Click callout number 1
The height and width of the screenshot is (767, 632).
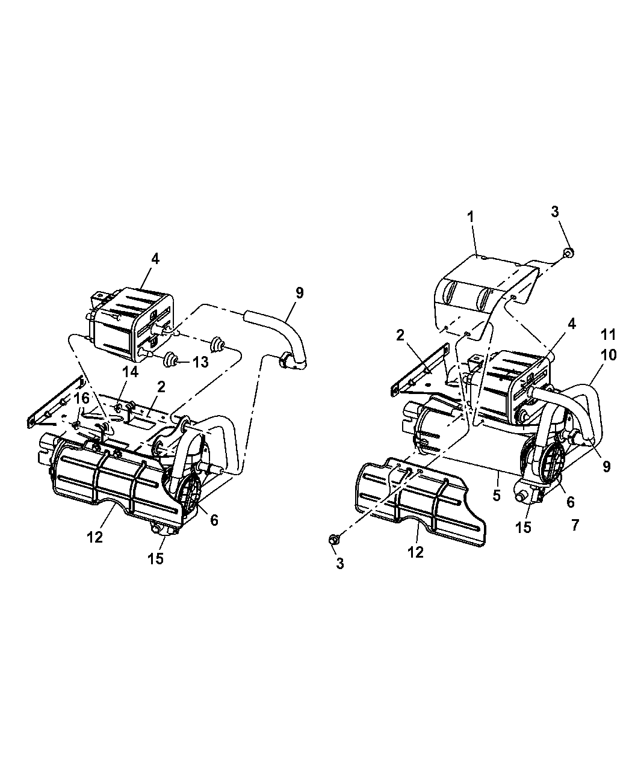470,217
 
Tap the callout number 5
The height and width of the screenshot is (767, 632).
497,496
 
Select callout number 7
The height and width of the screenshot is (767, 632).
575,525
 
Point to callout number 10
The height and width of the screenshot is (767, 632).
608,355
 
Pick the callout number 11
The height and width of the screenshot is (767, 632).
608,335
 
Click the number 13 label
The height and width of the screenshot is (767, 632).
200,362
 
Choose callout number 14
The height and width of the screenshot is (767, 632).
130,372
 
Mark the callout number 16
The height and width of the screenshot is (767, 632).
82,399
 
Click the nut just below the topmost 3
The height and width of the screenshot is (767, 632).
569,253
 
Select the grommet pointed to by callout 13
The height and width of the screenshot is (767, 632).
170,360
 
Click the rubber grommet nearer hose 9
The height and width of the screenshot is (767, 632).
218,344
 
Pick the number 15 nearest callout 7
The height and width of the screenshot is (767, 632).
523,527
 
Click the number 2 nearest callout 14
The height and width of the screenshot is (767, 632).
161,387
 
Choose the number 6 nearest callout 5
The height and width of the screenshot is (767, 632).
570,502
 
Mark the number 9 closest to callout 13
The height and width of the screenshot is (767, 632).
299,293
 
